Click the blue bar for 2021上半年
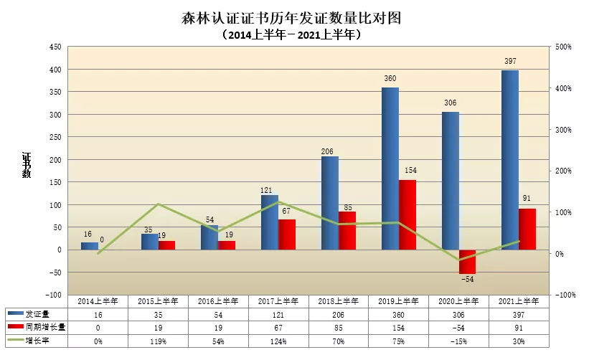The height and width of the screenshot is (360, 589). [509, 160]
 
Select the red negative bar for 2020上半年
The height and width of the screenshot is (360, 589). [467, 262]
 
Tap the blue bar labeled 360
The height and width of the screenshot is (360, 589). [390, 169]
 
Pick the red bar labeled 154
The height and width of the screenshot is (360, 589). [407, 214]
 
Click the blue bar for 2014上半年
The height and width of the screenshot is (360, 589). [89, 246]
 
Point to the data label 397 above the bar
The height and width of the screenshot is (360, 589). [510, 62]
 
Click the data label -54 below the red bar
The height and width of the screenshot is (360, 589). [467, 279]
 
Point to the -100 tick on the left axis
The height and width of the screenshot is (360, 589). [54, 295]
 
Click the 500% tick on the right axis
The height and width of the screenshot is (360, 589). [563, 47]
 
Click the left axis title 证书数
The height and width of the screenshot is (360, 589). [26, 165]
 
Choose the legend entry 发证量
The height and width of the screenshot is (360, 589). [37, 314]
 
